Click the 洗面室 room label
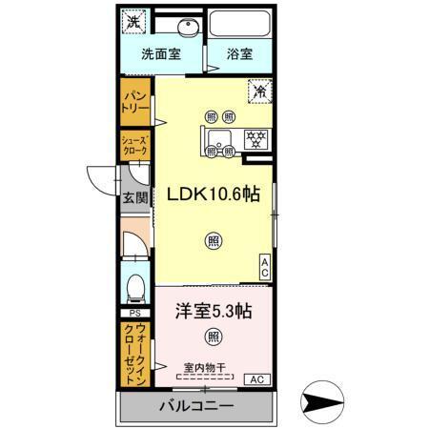click(162, 54)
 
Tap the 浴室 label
click(239, 54)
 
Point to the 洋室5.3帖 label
click(214, 311)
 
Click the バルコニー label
click(195, 406)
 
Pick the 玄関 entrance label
click(133, 198)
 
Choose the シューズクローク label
click(133, 147)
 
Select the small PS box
click(133, 312)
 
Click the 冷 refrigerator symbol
click(259, 92)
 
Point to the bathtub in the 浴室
click(240, 25)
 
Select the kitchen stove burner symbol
click(255, 136)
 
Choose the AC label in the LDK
click(264, 267)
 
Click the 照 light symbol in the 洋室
click(213, 337)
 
